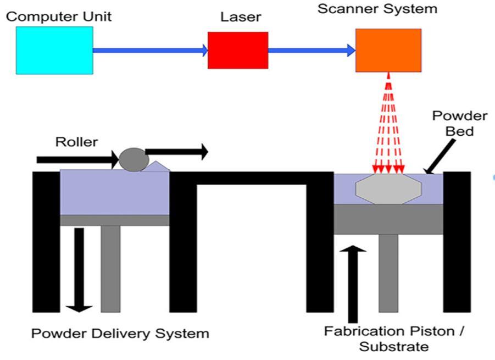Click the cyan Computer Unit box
coord(54,51)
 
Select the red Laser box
coord(238,50)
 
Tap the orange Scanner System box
coord(388,51)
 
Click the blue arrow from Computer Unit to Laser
coord(151,50)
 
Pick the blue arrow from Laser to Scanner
coord(312,50)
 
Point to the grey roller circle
coord(134,160)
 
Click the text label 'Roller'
coord(76,142)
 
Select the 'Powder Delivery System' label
coord(120,334)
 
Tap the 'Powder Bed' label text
coord(460,124)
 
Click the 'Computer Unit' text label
coord(59,16)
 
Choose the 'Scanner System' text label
coord(377,9)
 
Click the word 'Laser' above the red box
coord(241,17)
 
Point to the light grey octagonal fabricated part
coord(388,189)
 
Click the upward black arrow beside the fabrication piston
coord(353,284)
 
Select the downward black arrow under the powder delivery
coord(79,270)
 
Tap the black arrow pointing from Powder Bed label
coord(440,157)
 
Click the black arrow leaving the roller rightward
coord(177,152)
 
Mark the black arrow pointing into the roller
coord(78,159)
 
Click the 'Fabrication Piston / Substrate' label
coord(394,339)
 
